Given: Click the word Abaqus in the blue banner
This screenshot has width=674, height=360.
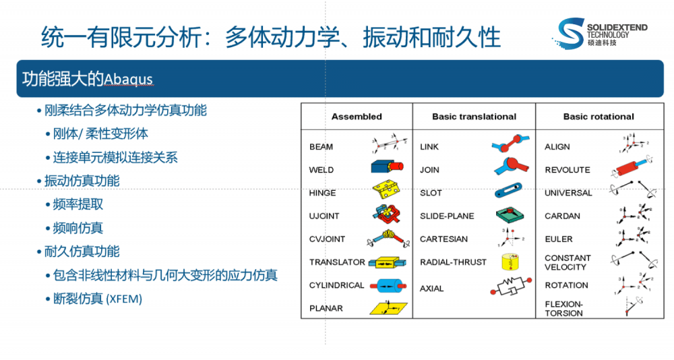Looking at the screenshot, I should (x=128, y=79).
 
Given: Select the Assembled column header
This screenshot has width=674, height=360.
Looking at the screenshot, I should (x=357, y=117).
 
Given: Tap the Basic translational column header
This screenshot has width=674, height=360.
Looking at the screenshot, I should (x=474, y=117).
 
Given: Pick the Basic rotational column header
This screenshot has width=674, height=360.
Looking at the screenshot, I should (x=599, y=117).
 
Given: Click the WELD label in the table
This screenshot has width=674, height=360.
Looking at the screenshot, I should (x=321, y=170).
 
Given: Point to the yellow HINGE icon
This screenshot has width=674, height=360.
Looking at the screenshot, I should (x=386, y=191).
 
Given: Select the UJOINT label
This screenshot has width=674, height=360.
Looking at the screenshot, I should (x=324, y=216).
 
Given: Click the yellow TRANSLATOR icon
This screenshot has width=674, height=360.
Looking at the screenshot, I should (x=386, y=262).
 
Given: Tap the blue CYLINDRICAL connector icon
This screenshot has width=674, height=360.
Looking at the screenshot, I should (x=386, y=285).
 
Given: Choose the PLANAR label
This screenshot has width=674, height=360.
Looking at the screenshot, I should (x=326, y=308).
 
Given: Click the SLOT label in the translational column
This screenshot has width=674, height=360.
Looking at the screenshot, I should (x=431, y=193).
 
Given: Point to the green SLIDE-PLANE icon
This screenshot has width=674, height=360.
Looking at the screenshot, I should (x=510, y=216).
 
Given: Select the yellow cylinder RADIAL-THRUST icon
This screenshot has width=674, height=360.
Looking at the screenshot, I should (x=510, y=262).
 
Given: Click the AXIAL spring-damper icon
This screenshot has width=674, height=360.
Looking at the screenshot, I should (x=511, y=288).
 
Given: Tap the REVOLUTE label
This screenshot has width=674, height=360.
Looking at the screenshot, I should (x=568, y=170).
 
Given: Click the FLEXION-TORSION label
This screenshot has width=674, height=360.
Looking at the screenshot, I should (x=564, y=309).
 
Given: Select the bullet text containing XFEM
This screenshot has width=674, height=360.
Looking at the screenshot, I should (x=98, y=299).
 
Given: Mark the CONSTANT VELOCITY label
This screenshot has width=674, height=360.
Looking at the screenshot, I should (x=568, y=262).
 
